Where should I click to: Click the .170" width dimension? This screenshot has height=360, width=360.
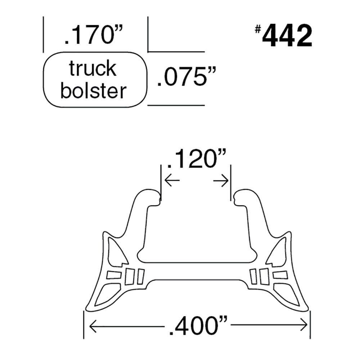pyautogui.click(x=94, y=36)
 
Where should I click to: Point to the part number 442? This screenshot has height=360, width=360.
pyautogui.click(x=287, y=37)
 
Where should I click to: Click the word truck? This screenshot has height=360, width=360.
pyautogui.click(x=93, y=69)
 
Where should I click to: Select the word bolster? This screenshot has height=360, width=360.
pyautogui.click(x=93, y=91)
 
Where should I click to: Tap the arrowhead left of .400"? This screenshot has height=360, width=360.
pyautogui.click(x=91, y=326)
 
